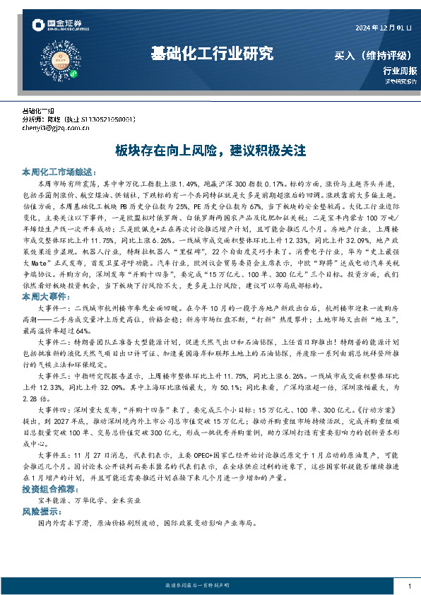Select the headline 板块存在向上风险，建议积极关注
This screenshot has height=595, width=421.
pyautogui.click(x=210, y=151)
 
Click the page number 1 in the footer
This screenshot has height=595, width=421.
pyautogui.click(x=410, y=586)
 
